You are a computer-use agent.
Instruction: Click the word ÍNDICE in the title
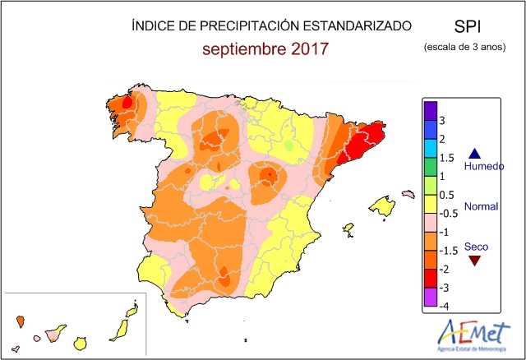point(153,26)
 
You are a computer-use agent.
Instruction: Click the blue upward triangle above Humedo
point(473,153)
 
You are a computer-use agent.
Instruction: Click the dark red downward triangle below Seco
point(473,261)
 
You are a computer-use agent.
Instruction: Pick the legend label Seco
point(475,246)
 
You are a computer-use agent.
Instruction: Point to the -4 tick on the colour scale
point(443,306)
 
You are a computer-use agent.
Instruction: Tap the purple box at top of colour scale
point(429,110)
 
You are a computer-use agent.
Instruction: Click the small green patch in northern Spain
point(288,145)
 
